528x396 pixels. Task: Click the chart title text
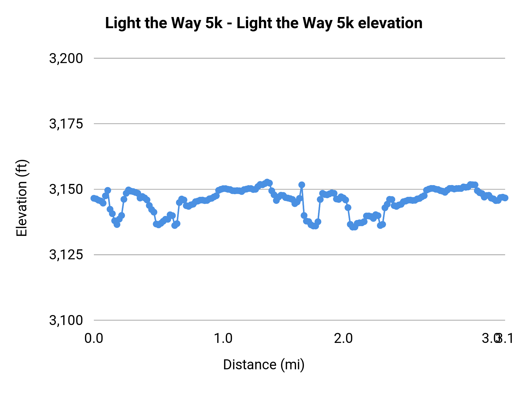263,23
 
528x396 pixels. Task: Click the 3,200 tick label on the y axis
66,58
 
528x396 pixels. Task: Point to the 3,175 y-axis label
66,124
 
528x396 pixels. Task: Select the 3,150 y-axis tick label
66,189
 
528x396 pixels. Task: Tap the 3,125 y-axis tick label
66,255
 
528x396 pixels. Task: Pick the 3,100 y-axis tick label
66,320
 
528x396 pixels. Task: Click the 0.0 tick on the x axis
94,338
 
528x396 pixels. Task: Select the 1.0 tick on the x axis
223,338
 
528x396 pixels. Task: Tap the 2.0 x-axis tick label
343,338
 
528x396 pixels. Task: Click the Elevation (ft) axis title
22,198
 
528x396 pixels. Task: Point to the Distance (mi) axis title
263,365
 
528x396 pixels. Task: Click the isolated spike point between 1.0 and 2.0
302,185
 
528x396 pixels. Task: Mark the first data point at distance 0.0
94,198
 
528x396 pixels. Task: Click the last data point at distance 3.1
505,198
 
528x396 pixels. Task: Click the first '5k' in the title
214,23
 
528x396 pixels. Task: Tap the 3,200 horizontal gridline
293,58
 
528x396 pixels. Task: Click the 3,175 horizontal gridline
293,124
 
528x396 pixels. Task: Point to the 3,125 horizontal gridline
293,255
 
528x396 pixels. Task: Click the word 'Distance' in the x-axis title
250,365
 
